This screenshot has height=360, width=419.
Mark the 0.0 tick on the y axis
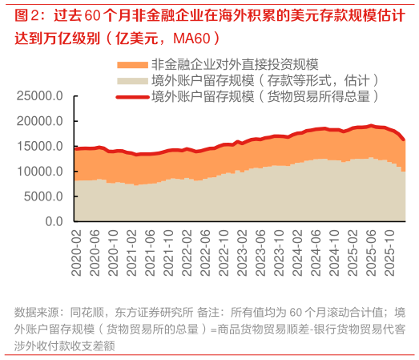pyautogui.click(x=53, y=221)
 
